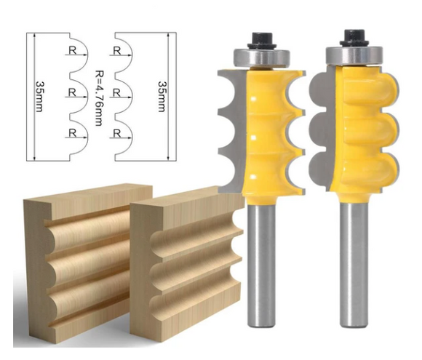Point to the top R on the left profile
click(x=73, y=51)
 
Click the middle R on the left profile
click(x=73, y=92)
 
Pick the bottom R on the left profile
click(x=73, y=132)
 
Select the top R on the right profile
click(x=117, y=51)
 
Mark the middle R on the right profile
click(x=117, y=92)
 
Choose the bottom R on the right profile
click(x=117, y=132)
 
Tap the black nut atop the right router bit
click(x=356, y=36)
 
